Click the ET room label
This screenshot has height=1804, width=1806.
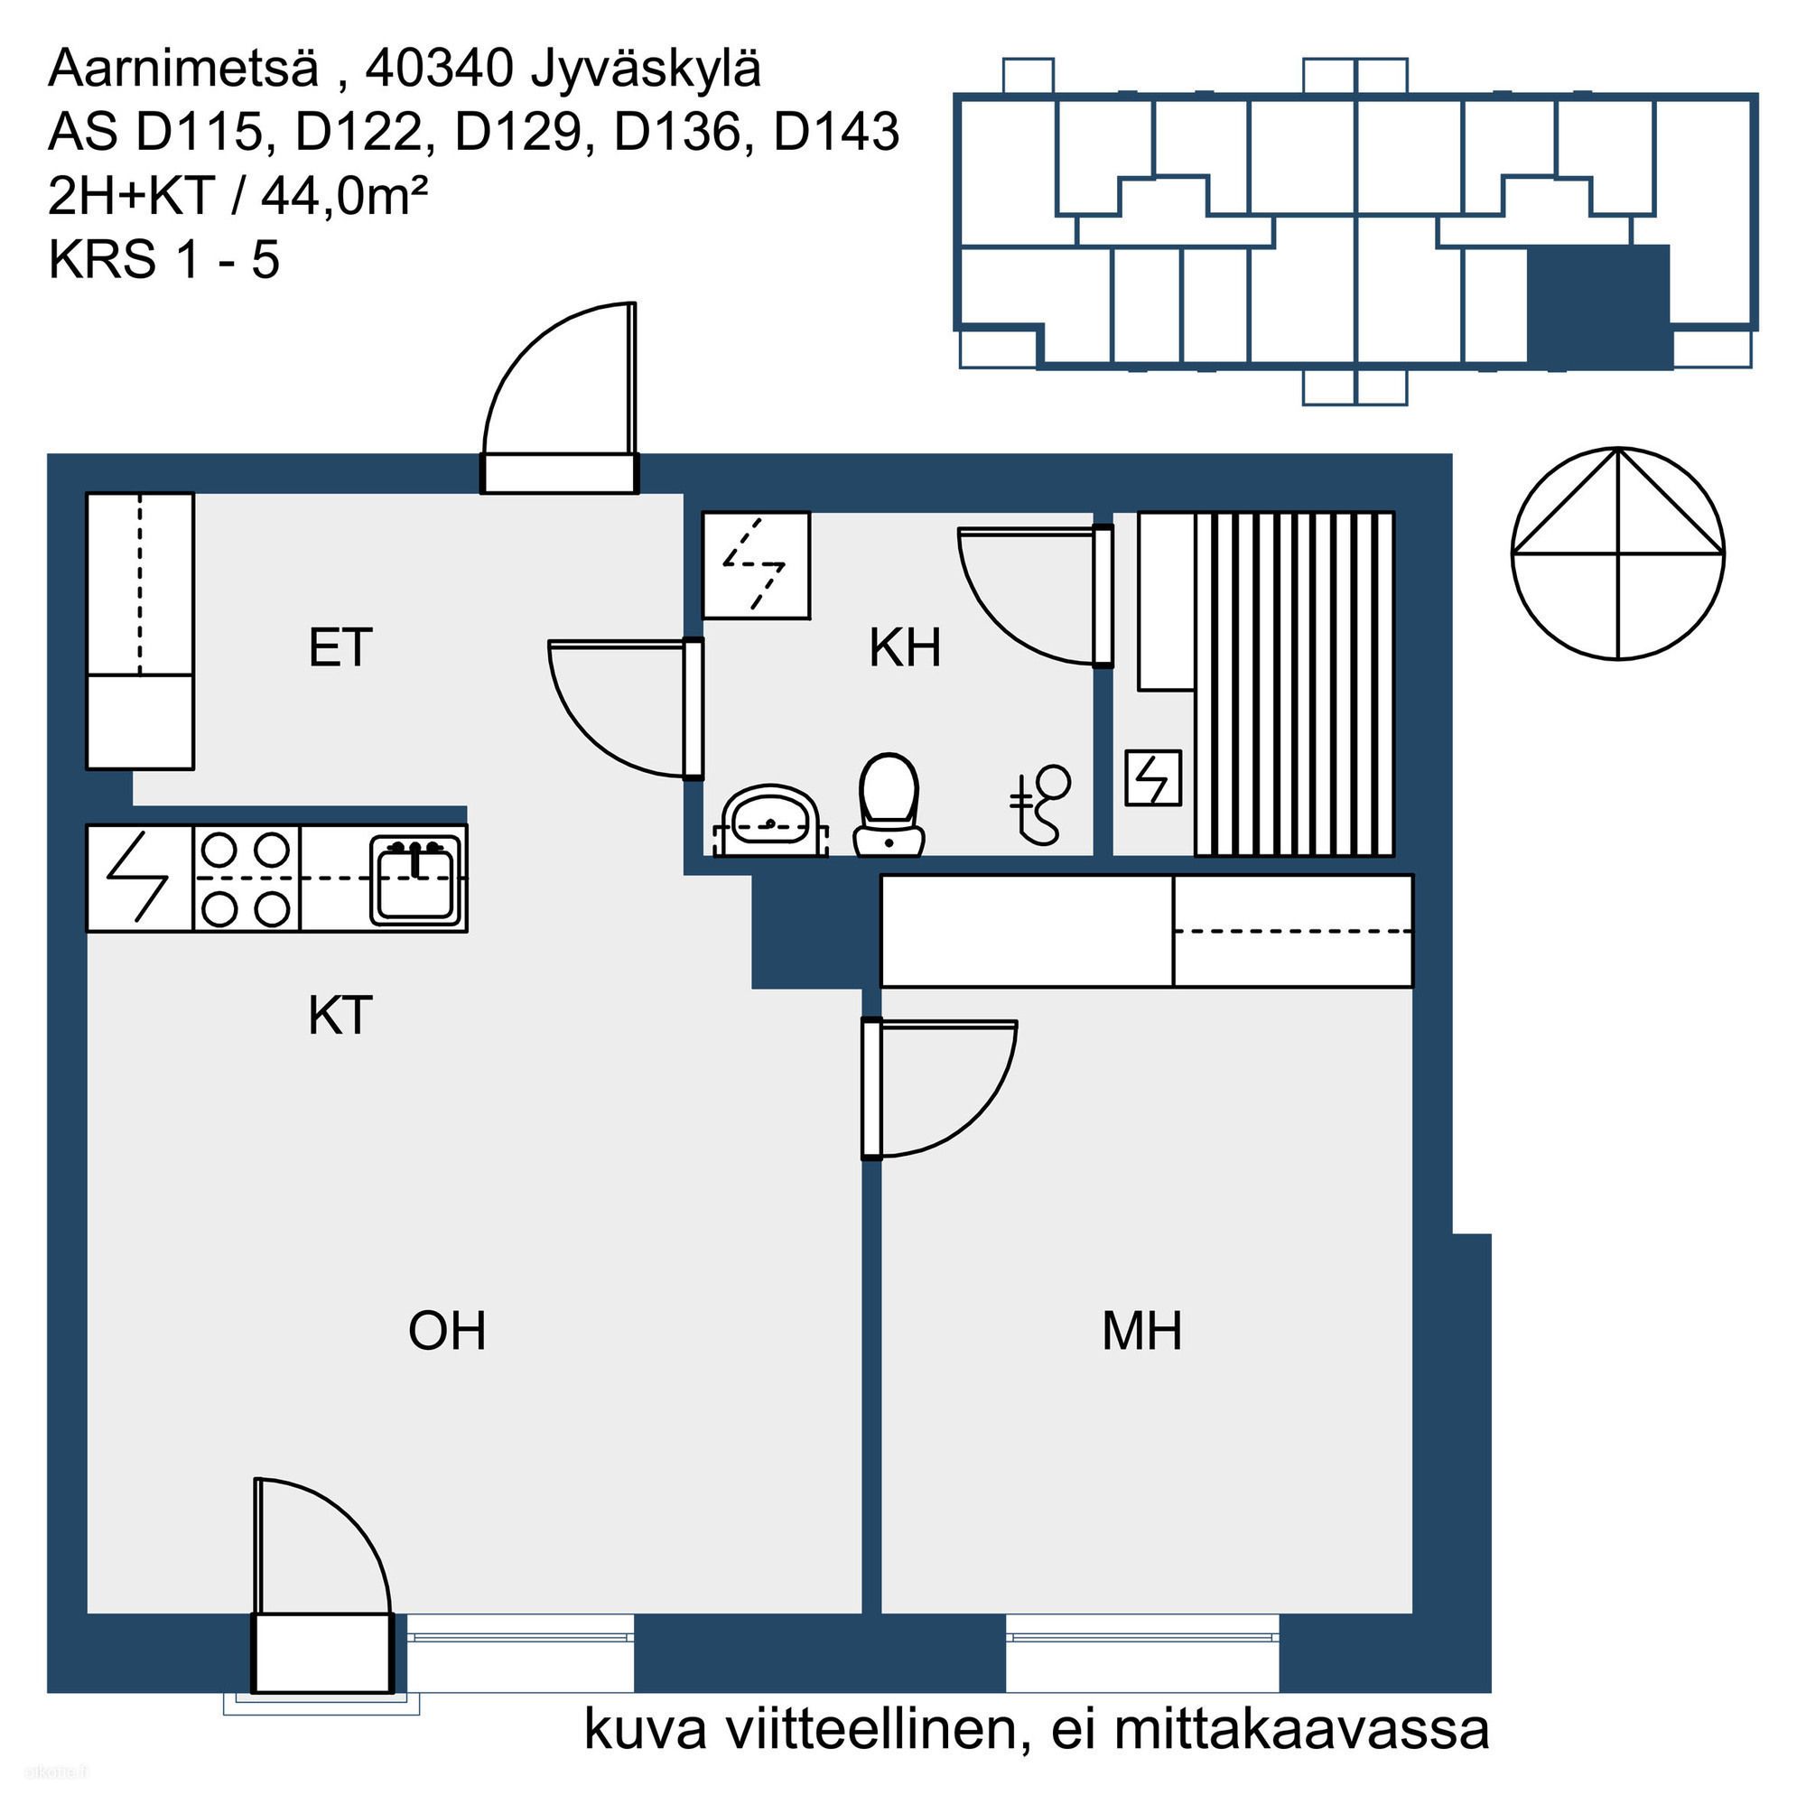point(340,647)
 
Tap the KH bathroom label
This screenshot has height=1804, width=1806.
point(904,647)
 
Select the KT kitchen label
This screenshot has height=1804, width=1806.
point(340,1015)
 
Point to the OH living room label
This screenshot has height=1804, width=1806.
point(447,1331)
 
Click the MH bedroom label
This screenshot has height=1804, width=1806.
point(1141,1331)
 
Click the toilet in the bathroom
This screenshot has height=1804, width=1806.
point(888,804)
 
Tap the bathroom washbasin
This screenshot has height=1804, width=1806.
point(770,821)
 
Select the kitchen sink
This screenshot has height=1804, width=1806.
point(417,879)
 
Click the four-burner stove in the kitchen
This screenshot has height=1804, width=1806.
point(247,879)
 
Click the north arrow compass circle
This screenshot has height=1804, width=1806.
point(1618,554)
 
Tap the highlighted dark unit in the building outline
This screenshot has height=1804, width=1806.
point(1598,304)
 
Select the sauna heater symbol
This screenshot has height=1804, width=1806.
point(1152,777)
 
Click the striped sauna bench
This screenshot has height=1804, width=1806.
point(1295,683)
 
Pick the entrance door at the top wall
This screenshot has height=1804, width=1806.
point(559,397)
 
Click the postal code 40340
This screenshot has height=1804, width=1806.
point(439,69)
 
